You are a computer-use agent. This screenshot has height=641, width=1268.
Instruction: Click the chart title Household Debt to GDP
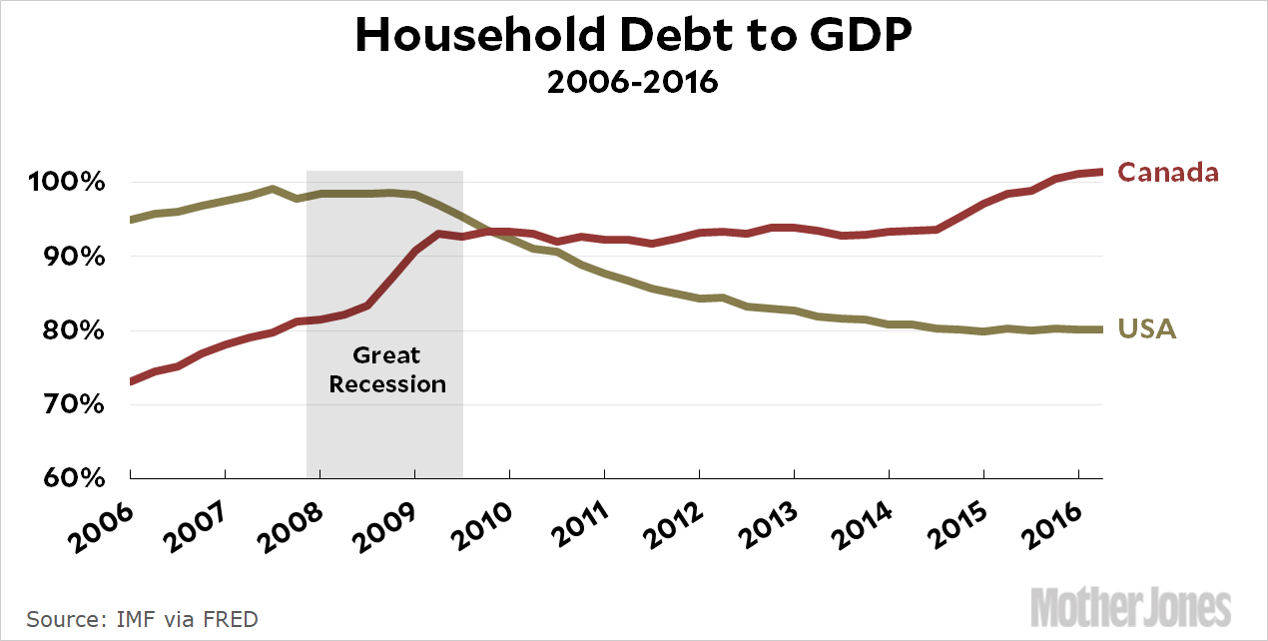point(633,37)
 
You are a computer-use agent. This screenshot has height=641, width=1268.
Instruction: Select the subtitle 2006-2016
point(633,82)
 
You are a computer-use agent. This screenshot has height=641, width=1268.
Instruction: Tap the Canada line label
point(1167,173)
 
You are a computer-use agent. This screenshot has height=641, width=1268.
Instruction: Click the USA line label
point(1146,328)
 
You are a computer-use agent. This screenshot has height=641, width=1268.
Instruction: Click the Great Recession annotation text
point(387,369)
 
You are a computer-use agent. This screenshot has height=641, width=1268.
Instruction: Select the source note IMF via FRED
point(142,619)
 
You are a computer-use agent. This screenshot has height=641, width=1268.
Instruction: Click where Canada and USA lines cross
point(486,232)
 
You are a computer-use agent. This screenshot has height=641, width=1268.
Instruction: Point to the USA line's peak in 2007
point(273,189)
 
